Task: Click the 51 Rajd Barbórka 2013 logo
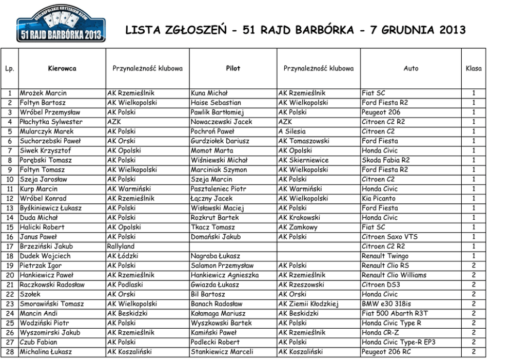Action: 61,26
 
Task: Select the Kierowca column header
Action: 62,69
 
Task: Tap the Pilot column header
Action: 232,69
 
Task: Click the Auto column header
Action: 410,69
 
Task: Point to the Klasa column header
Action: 473,69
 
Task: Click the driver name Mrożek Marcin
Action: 43,93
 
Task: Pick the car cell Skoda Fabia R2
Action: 385,160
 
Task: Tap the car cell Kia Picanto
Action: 379,198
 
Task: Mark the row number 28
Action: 10,352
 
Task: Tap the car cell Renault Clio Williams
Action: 394,275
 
